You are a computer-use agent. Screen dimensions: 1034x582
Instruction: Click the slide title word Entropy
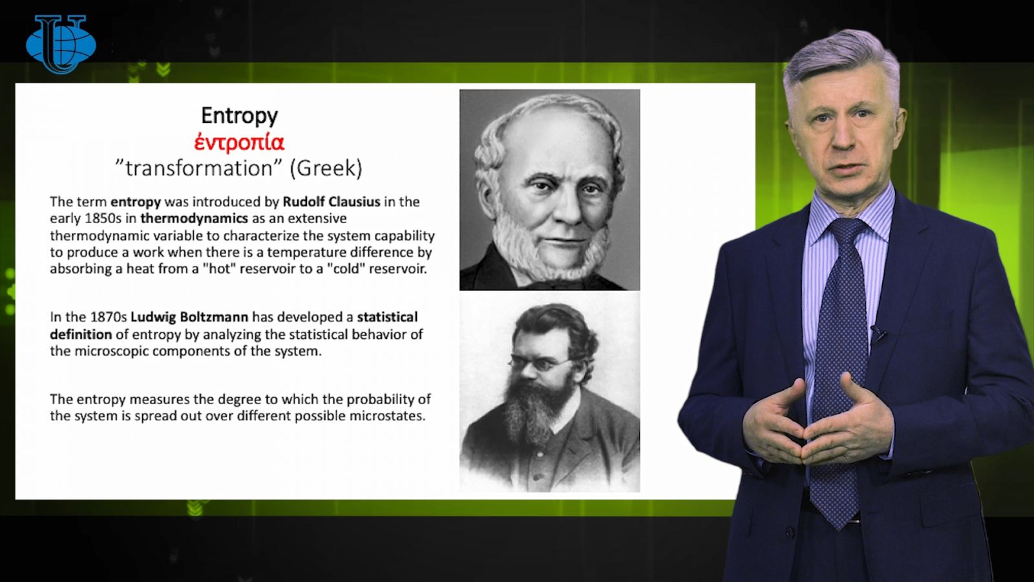click(239, 116)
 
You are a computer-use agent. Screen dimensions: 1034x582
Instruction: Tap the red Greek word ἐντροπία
click(239, 142)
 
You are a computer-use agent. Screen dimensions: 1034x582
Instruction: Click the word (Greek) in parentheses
click(326, 169)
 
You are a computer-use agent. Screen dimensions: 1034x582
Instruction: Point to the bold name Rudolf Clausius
click(332, 202)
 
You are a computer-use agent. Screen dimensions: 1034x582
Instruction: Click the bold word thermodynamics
click(195, 219)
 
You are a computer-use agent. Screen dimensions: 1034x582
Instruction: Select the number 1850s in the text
click(103, 219)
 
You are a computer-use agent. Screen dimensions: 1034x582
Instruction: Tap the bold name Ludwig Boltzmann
click(189, 317)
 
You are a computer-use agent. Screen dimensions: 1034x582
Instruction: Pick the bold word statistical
click(387, 317)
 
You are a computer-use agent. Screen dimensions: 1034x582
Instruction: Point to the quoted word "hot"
click(219, 269)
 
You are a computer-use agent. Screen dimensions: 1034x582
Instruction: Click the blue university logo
click(61, 44)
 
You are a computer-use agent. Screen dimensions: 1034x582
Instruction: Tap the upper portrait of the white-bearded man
click(549, 190)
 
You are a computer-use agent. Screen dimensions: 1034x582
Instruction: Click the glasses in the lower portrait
click(539, 363)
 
